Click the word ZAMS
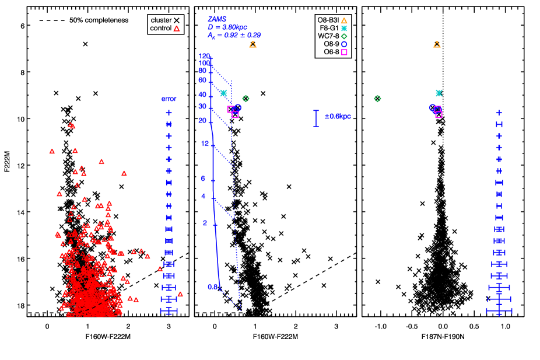click(217, 19)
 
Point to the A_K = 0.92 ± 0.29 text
click(233, 36)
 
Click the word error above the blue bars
click(169, 99)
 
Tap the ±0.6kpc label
click(338, 117)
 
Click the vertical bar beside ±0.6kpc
click(316, 118)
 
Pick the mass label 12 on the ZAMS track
click(205, 144)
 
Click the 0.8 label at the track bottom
click(212, 286)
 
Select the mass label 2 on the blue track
click(205, 223)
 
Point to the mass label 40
click(202, 95)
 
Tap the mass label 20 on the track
click(202, 121)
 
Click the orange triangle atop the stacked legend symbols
click(344, 21)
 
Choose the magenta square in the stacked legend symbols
click(344, 53)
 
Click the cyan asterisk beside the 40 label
click(223, 93)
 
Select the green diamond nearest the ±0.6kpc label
click(377, 99)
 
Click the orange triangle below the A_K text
click(253, 44)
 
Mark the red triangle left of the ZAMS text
click(177, 29)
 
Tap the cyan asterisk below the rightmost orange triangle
click(439, 93)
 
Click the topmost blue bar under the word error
click(169, 113)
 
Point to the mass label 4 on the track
click(204, 197)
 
